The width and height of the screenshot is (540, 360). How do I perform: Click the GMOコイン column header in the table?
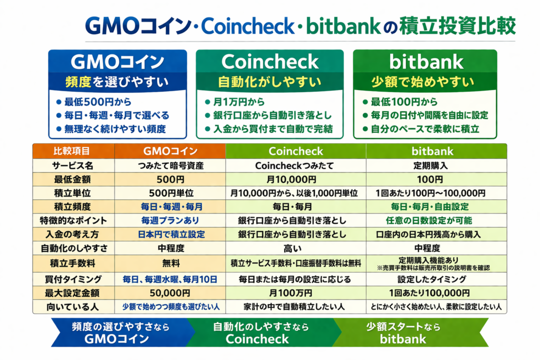170,151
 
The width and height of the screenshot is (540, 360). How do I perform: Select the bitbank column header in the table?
432,151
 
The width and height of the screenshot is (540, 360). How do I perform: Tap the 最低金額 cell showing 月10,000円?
291,179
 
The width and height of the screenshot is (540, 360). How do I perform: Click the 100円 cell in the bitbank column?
430,179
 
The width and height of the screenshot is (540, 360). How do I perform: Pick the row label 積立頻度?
72,207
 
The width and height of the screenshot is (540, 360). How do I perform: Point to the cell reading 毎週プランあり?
170,221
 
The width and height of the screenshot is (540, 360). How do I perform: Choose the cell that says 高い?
292,248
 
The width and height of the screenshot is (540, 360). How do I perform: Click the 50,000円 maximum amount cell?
170,293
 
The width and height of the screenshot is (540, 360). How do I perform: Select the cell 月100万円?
291,293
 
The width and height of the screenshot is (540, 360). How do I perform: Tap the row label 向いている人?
73,307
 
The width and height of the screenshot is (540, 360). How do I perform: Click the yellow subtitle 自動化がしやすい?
269,82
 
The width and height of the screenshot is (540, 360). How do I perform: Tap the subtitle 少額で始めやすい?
423,82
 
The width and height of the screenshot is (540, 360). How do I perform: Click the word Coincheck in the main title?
248,26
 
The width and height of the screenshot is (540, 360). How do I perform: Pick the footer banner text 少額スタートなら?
403,327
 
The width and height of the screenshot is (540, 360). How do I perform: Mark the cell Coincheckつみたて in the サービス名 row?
294,166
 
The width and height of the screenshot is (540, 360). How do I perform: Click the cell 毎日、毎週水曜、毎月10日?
170,279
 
